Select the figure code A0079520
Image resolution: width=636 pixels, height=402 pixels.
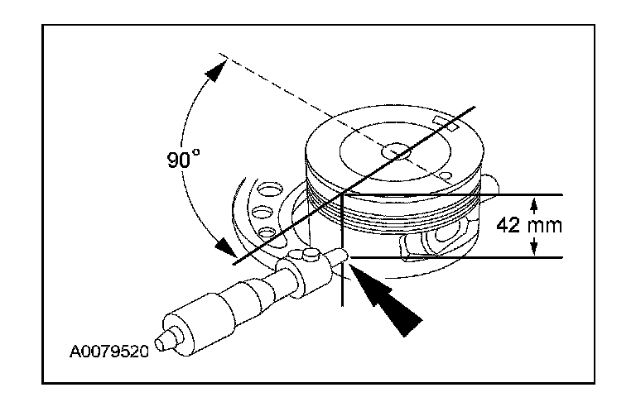pyautogui.click(x=108, y=352)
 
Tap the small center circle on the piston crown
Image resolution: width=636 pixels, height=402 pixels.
pyautogui.click(x=397, y=151)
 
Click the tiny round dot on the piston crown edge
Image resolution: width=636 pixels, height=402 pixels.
pyautogui.click(x=446, y=176)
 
